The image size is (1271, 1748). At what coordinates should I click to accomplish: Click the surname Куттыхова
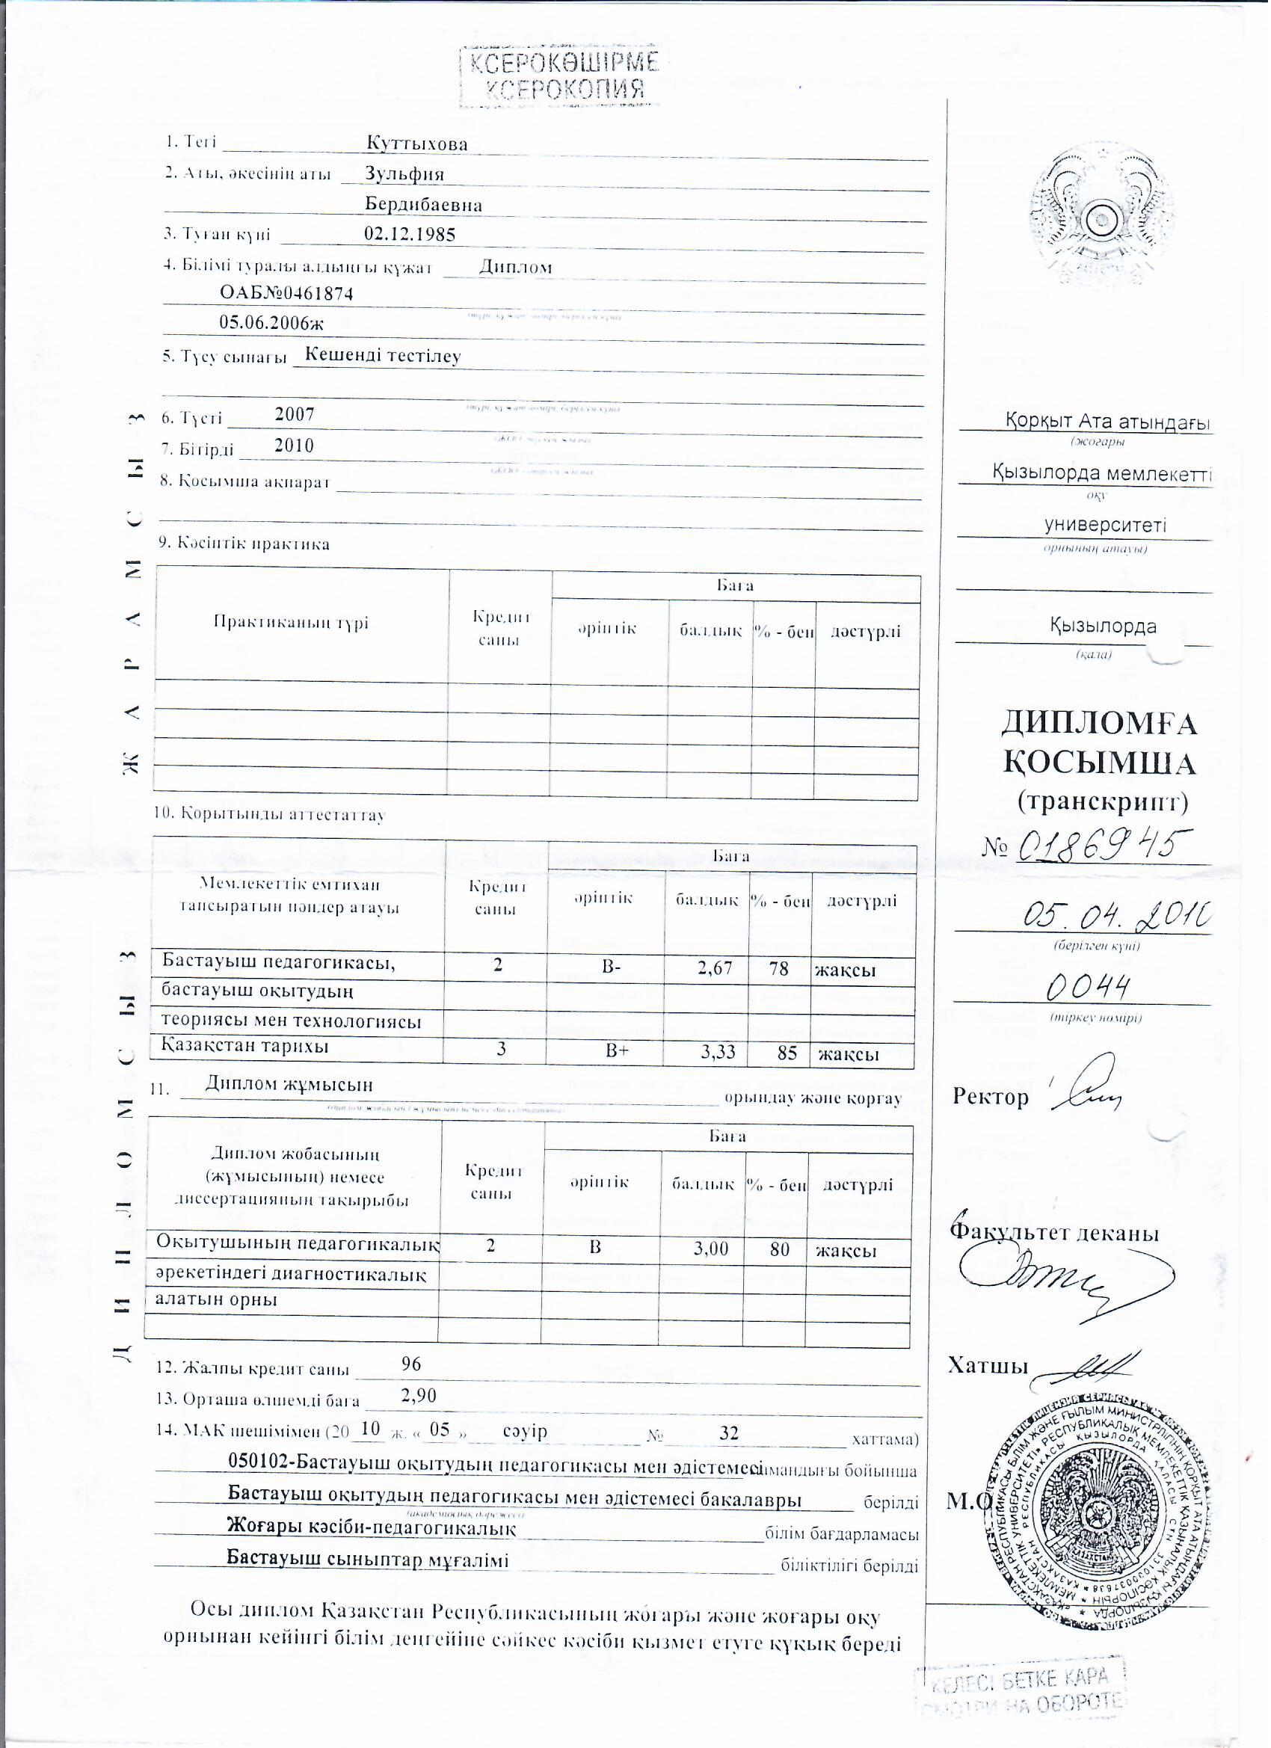[417, 144]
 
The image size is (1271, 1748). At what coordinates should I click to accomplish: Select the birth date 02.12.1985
[409, 234]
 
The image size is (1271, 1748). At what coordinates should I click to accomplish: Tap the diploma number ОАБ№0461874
[286, 293]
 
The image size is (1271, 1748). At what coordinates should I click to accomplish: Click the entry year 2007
[295, 415]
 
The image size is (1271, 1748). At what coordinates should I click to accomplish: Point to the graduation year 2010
[295, 446]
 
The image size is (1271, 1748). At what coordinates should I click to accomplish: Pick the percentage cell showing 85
[787, 1052]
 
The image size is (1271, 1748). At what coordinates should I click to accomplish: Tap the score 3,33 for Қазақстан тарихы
[718, 1052]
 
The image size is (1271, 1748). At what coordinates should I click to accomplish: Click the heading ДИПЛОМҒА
[1098, 724]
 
